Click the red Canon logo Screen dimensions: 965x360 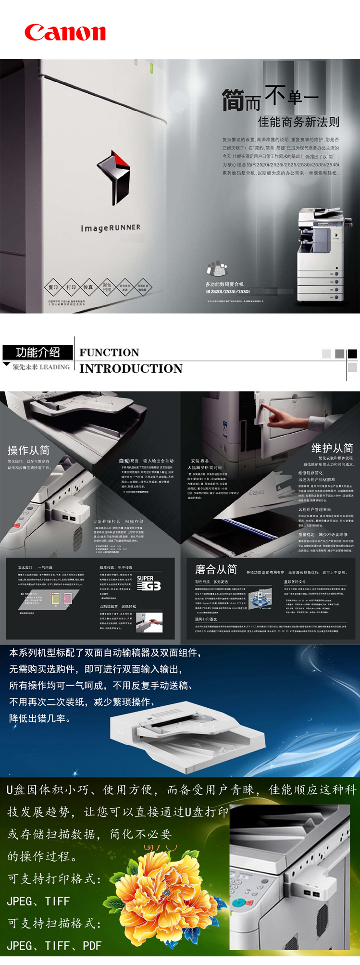coord(65,33)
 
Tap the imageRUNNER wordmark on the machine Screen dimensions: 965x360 coord(111,227)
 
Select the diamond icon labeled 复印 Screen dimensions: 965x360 coord(53,288)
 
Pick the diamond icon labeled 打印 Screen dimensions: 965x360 coord(71,288)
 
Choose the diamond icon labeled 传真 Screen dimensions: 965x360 coord(88,288)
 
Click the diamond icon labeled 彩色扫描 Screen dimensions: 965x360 coord(107,288)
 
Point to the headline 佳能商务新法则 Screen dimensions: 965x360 coord(298,122)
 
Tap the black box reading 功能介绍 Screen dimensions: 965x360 coord(38,352)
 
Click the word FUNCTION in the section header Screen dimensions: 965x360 coord(109,352)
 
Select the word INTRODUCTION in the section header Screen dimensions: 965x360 coord(131,368)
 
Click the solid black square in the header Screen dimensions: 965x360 coord(352,354)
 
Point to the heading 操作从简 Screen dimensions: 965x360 coord(28,450)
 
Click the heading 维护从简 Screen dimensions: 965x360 coord(332,448)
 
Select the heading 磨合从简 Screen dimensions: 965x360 coord(216,569)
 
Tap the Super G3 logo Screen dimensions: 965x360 coord(149,583)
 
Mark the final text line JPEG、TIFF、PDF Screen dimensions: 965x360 coord(54,946)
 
